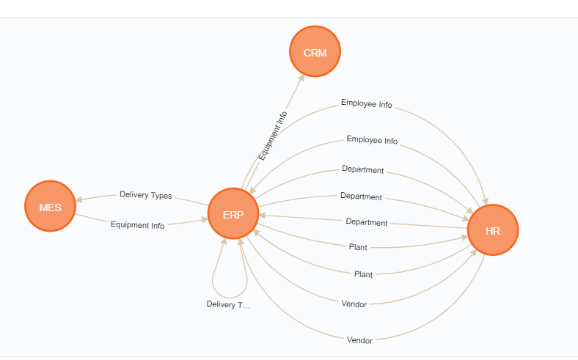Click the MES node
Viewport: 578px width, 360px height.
coord(50,206)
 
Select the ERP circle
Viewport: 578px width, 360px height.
coord(233,213)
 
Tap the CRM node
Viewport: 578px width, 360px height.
coord(315,51)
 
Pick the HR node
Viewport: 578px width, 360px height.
coord(493,230)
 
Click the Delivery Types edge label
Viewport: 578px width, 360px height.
coord(146,195)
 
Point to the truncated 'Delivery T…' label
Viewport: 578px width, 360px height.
coord(228,304)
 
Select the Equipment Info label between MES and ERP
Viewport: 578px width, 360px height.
coord(137,225)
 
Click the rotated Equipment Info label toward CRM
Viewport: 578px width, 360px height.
coord(273,136)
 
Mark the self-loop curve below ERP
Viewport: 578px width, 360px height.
coord(230,297)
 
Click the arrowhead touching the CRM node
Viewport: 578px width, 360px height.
coord(301,78)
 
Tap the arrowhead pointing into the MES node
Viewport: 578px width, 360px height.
coord(78,200)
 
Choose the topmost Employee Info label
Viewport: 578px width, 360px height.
coord(367,103)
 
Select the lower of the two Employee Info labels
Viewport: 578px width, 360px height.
coord(372,140)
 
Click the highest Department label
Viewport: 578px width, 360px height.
coord(363,169)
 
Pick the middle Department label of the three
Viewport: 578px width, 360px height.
coord(361,196)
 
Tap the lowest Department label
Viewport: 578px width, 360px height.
coord(367,222)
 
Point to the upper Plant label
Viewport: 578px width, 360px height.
coord(358,247)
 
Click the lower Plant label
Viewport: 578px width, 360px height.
coord(363,274)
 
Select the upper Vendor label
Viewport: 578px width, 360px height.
coord(354,304)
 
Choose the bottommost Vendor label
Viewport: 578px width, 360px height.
coord(359,340)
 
